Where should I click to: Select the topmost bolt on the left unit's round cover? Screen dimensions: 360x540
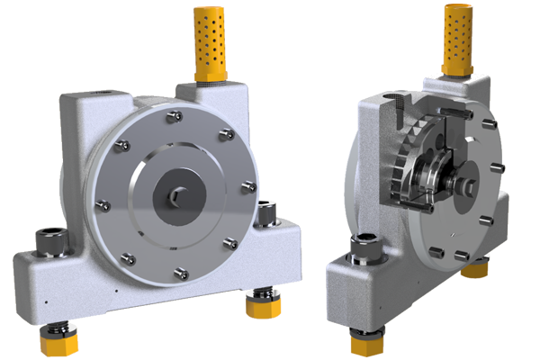[x=170, y=114]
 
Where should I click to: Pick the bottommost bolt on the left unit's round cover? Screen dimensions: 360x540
[x=179, y=271]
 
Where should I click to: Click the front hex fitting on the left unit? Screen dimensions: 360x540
[x=50, y=240]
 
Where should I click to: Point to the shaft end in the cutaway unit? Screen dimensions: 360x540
[x=469, y=187]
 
